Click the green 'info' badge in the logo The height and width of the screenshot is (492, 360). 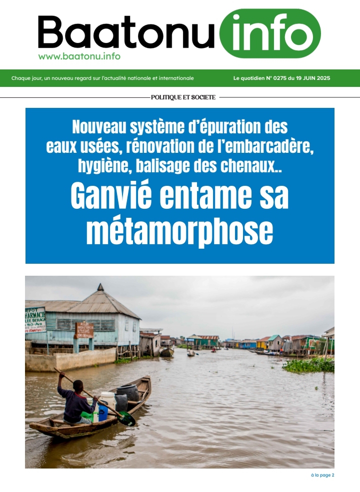click(270, 33)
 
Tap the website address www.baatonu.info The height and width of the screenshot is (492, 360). click(79, 56)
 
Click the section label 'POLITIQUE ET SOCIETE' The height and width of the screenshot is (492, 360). click(183, 97)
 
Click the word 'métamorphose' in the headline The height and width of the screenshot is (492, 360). click(179, 231)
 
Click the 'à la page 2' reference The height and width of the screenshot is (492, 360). click(322, 475)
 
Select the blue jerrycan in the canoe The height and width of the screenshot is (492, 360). click(102, 413)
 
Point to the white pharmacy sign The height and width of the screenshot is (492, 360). click(35, 320)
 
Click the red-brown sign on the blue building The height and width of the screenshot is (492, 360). click(84, 330)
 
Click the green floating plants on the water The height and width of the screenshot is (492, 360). click(310, 365)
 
